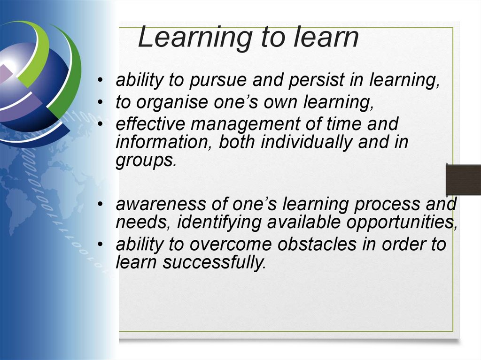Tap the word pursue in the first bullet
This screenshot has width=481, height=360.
click(216, 81)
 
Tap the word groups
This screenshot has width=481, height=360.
click(145, 161)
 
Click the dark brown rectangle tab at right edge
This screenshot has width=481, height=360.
click(463, 180)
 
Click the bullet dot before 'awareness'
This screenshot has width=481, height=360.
click(101, 205)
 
